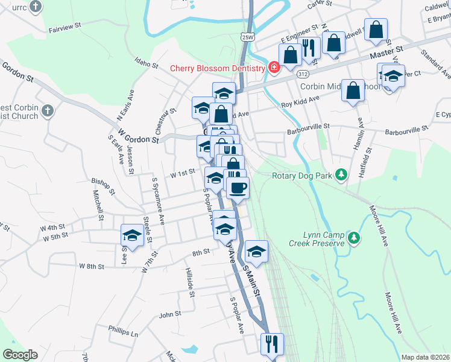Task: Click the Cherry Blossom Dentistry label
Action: pyautogui.click(x=218, y=68)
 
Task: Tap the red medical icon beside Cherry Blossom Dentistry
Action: pyautogui.click(x=274, y=67)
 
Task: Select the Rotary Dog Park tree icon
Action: pyautogui.click(x=341, y=175)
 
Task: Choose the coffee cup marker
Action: pyautogui.click(x=238, y=188)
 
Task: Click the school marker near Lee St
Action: pyautogui.click(x=132, y=235)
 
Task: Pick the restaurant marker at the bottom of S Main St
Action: pyautogui.click(x=271, y=344)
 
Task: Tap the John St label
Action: pyautogui.click(x=169, y=314)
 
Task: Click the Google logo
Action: pyautogui.click(x=20, y=355)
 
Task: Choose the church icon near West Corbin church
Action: pyautogui.click(x=49, y=110)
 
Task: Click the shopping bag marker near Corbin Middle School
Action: pyautogui.click(x=353, y=91)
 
